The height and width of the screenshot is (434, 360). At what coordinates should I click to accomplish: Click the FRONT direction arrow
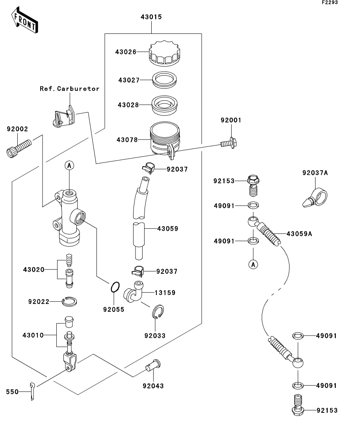(x=24, y=22)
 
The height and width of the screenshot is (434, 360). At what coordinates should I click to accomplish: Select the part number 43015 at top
(x=151, y=17)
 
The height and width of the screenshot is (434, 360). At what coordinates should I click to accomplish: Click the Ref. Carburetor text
(x=69, y=89)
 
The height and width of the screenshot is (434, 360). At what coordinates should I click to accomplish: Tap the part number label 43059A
(x=299, y=233)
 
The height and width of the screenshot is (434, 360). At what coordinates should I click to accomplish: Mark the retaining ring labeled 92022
(x=69, y=302)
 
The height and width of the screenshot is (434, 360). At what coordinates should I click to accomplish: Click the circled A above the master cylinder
(x=69, y=166)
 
